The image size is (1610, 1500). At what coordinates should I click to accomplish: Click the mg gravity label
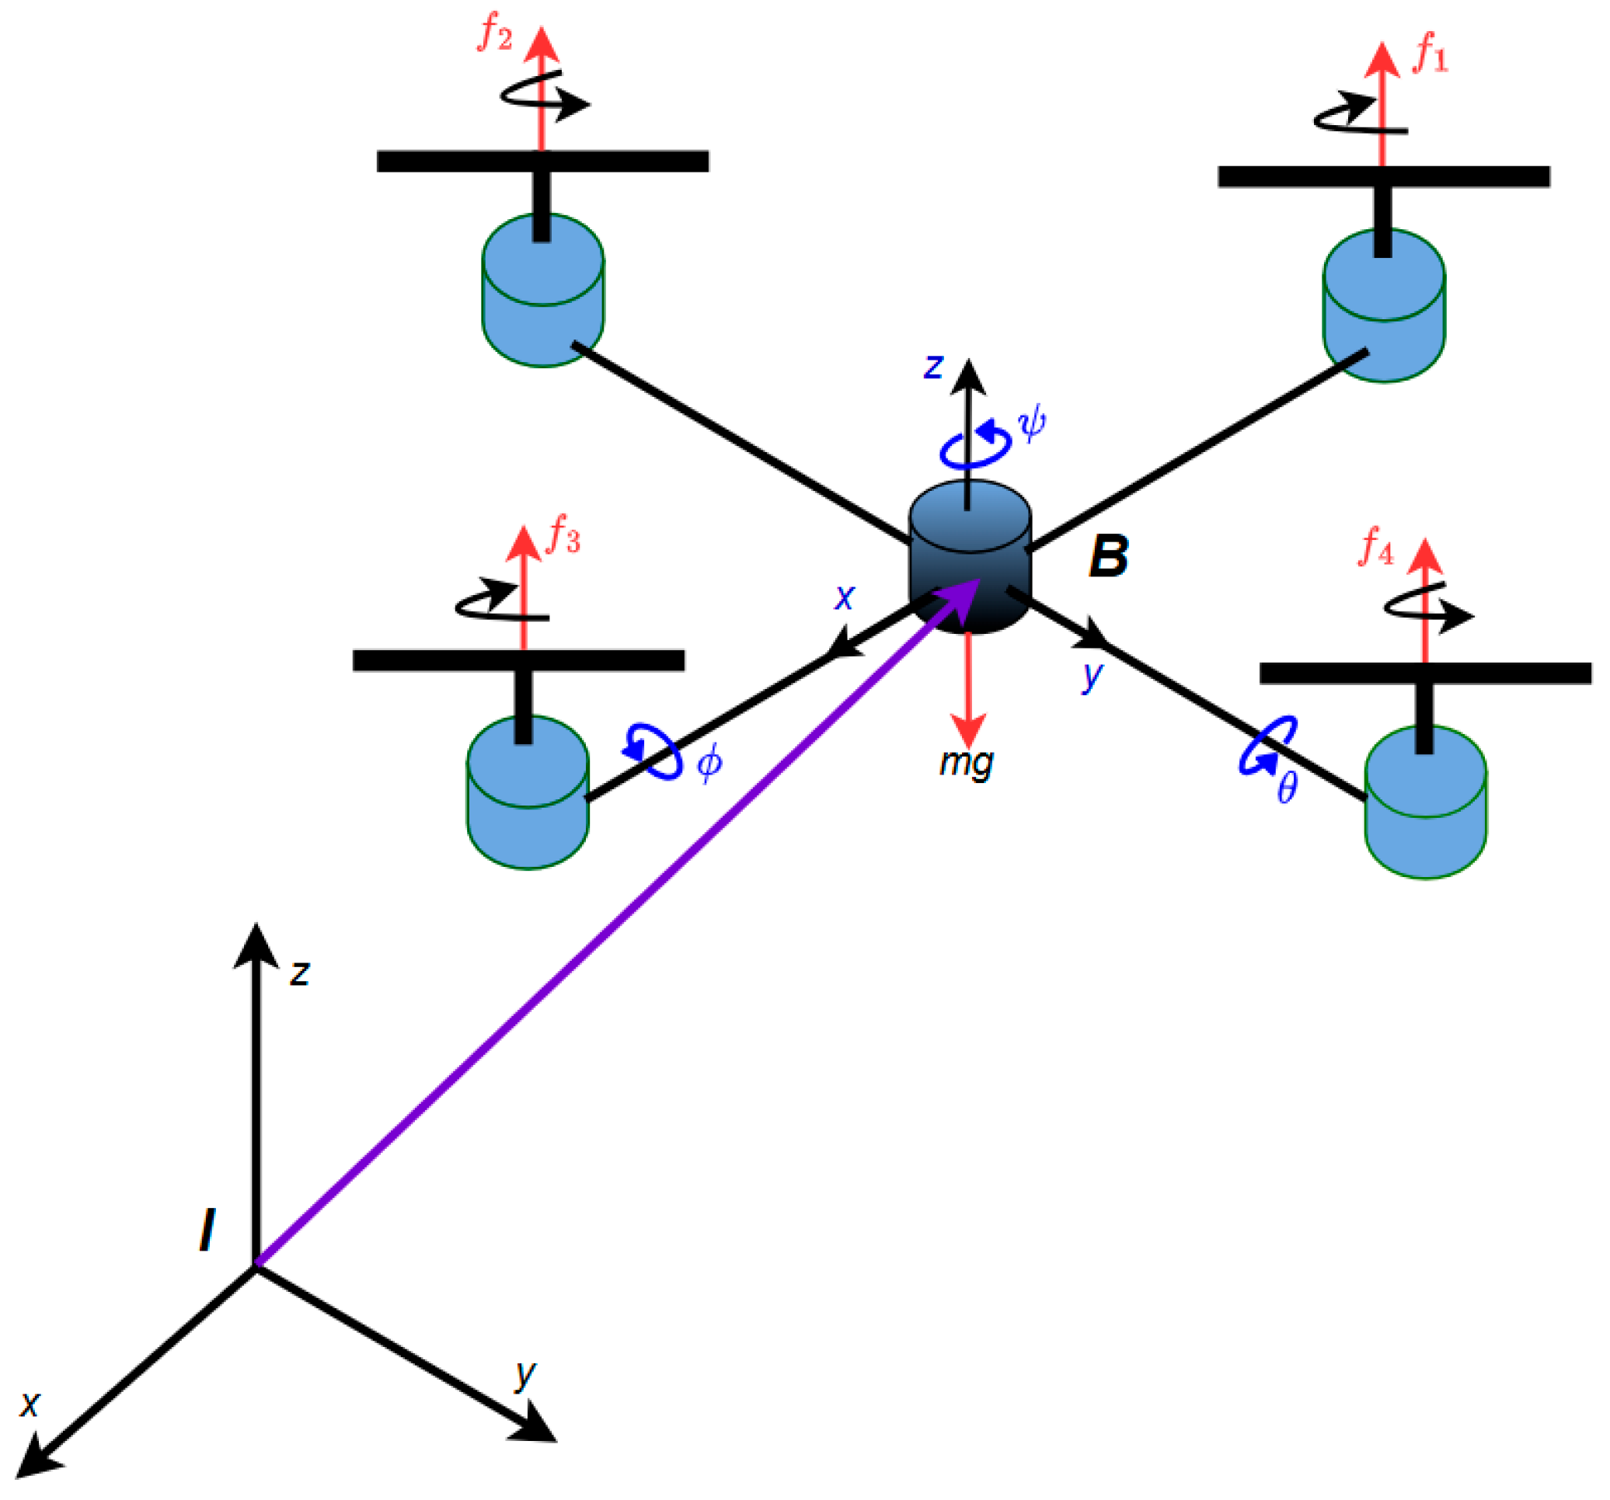click(966, 763)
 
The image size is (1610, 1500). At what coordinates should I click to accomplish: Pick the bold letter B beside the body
click(1108, 557)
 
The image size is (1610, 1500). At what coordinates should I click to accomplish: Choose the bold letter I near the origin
click(207, 1231)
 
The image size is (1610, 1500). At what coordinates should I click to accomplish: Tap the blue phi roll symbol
click(709, 763)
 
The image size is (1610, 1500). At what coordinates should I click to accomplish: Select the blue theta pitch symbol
click(1287, 787)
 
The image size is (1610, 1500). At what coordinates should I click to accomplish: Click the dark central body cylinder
click(970, 566)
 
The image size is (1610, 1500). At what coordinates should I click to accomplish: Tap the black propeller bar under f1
click(1383, 176)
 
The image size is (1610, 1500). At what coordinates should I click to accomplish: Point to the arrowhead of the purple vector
click(964, 595)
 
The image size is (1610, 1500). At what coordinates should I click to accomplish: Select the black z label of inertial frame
click(300, 974)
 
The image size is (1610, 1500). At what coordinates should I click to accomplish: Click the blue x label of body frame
click(844, 597)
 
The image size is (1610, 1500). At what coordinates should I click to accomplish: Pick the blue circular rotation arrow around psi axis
click(974, 447)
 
